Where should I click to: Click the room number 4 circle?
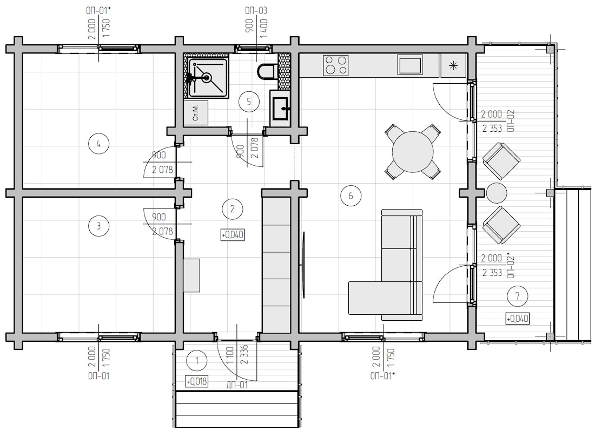(98, 144)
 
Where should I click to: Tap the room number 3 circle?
(98, 226)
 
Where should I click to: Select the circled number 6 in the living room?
(351, 196)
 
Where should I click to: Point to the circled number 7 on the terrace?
(518, 296)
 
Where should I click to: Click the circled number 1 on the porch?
(196, 361)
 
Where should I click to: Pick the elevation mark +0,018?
(196, 381)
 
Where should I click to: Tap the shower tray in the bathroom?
(207, 78)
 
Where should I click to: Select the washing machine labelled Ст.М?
(196, 112)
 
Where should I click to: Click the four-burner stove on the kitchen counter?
(336, 65)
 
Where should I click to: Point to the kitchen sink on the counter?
(410, 65)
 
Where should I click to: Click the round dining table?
(413, 151)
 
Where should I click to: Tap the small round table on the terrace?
(497, 193)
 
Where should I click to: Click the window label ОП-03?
(256, 10)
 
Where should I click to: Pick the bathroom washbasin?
(280, 108)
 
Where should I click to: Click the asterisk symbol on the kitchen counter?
(453, 66)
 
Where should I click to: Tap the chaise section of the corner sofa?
(380, 298)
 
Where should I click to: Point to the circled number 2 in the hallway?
(232, 208)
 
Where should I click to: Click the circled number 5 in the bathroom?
(249, 102)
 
